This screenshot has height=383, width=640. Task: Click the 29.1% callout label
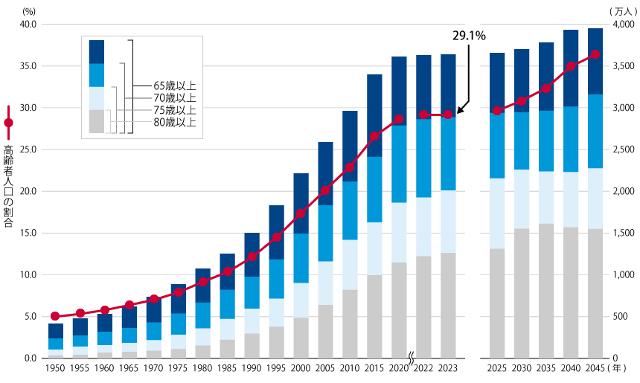(x=470, y=35)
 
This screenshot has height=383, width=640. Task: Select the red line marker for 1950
(x=55, y=316)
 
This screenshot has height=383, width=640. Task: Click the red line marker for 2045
(x=595, y=54)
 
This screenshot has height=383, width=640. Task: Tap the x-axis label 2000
(x=301, y=368)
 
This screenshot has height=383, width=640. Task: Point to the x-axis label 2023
(x=448, y=368)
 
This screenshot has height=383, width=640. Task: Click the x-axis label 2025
(x=497, y=368)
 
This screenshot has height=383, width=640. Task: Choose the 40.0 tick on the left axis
(x=28, y=25)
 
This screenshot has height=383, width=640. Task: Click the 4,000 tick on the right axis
(x=621, y=25)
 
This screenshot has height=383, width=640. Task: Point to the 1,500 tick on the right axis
(x=621, y=234)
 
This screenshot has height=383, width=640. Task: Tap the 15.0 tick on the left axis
(x=28, y=234)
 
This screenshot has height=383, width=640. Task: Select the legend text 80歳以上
(x=174, y=122)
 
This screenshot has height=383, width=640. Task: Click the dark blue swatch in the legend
(x=96, y=51)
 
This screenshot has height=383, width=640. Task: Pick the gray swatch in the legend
(x=96, y=121)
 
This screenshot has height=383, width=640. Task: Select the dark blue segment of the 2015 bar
(x=374, y=115)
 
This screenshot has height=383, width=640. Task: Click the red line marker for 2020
(x=399, y=119)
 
